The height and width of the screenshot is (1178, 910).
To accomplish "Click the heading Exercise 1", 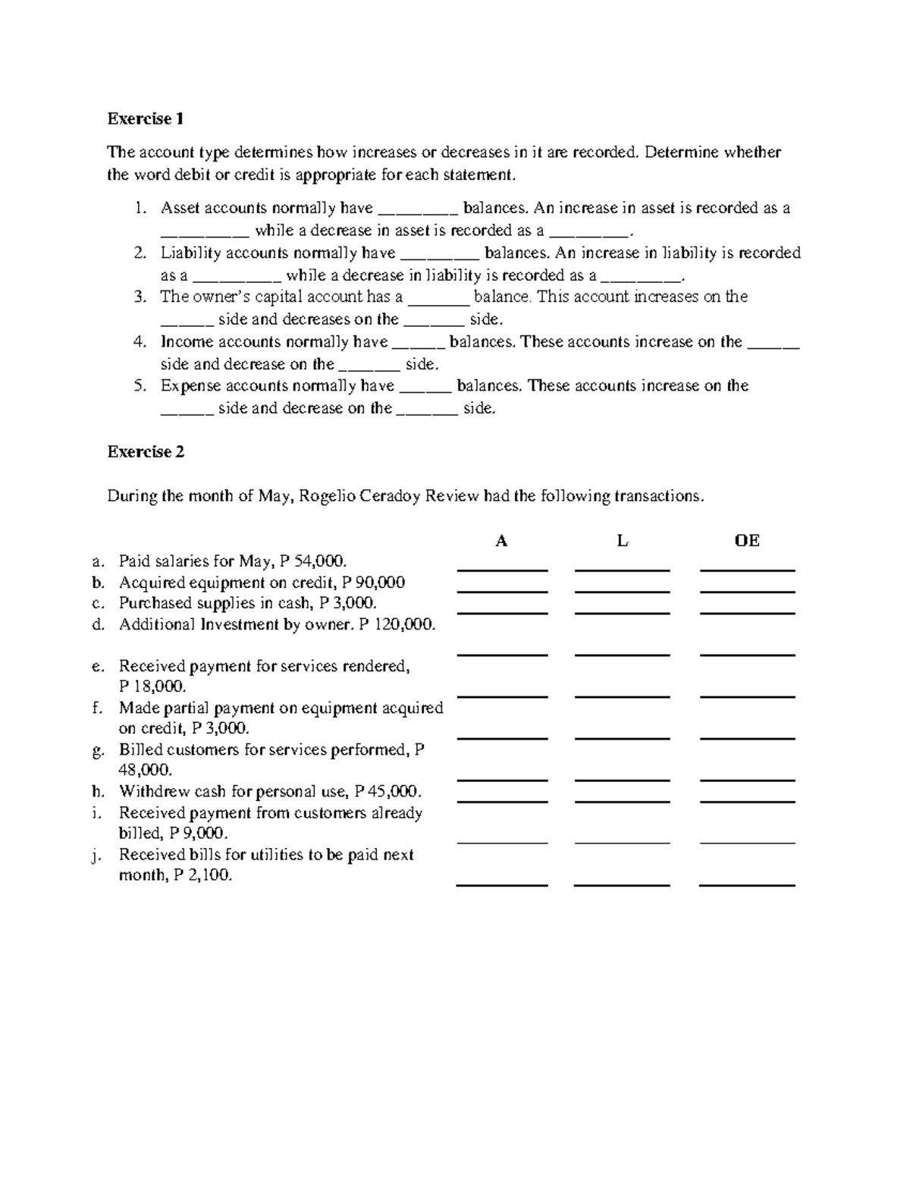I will [x=145, y=119].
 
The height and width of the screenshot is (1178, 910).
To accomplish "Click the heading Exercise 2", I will [x=145, y=452].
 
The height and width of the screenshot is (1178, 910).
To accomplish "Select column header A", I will [x=501, y=541].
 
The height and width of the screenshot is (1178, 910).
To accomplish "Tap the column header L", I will [x=622, y=541].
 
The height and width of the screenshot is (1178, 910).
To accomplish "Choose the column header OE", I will [x=747, y=541].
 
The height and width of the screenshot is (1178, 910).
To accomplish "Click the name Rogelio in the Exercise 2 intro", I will [x=326, y=497].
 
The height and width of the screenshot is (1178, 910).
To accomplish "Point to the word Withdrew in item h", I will [x=151, y=791].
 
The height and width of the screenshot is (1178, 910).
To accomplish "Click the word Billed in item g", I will [x=140, y=749].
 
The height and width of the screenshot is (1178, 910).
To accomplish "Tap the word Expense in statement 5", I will [x=190, y=386].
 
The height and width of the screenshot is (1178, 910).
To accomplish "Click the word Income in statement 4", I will [x=186, y=342].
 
